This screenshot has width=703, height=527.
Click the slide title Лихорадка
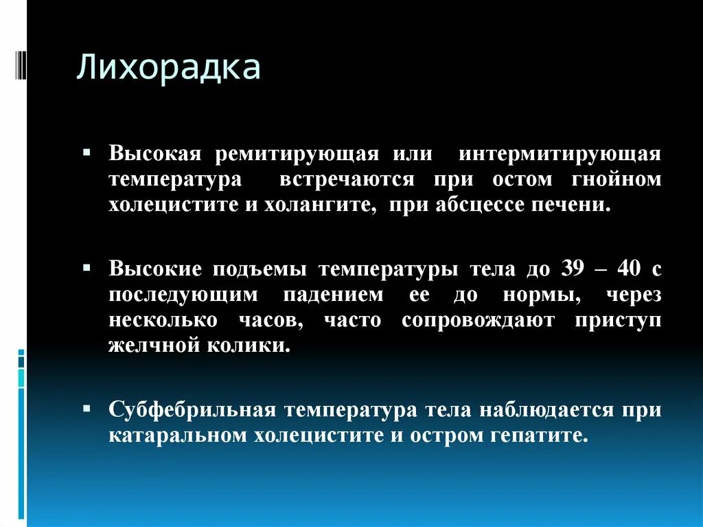(x=168, y=69)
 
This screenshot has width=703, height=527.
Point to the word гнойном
(x=616, y=180)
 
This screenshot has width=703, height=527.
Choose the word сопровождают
(x=478, y=321)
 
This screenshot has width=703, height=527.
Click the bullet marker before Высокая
(x=87, y=150)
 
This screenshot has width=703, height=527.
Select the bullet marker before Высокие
(x=87, y=265)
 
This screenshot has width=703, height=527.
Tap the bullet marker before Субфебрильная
(x=87, y=406)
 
